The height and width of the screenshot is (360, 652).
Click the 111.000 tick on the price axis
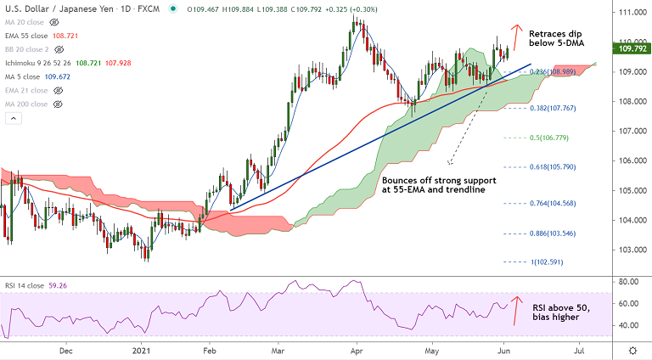pos(629,13)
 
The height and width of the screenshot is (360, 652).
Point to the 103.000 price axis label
pos(629,250)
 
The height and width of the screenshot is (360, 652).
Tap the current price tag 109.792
pos(629,49)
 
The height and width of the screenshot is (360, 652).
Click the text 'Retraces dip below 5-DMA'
pos(559,42)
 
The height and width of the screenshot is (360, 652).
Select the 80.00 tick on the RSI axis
pos(628,281)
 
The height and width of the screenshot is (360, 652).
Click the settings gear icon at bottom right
pos(632,350)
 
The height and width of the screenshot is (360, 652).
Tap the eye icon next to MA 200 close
pos(59,104)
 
